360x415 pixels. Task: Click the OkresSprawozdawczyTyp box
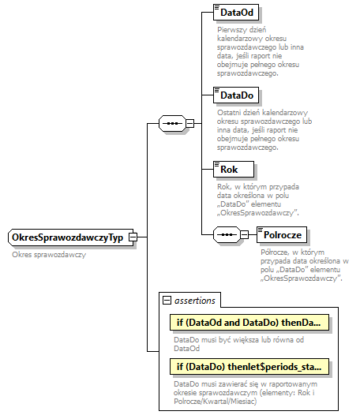point(67,237)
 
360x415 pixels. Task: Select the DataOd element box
point(238,13)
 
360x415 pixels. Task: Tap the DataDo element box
point(238,95)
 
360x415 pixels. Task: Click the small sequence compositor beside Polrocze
point(226,235)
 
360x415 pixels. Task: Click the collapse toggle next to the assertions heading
point(166,300)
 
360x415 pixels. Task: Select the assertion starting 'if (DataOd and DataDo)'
point(248,323)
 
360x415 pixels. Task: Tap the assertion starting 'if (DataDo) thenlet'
point(248,365)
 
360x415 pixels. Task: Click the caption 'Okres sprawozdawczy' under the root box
point(49,255)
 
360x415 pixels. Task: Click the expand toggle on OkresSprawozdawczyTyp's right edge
point(133,237)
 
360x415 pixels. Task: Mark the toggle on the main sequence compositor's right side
point(190,124)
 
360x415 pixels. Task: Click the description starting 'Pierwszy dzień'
point(256,51)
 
